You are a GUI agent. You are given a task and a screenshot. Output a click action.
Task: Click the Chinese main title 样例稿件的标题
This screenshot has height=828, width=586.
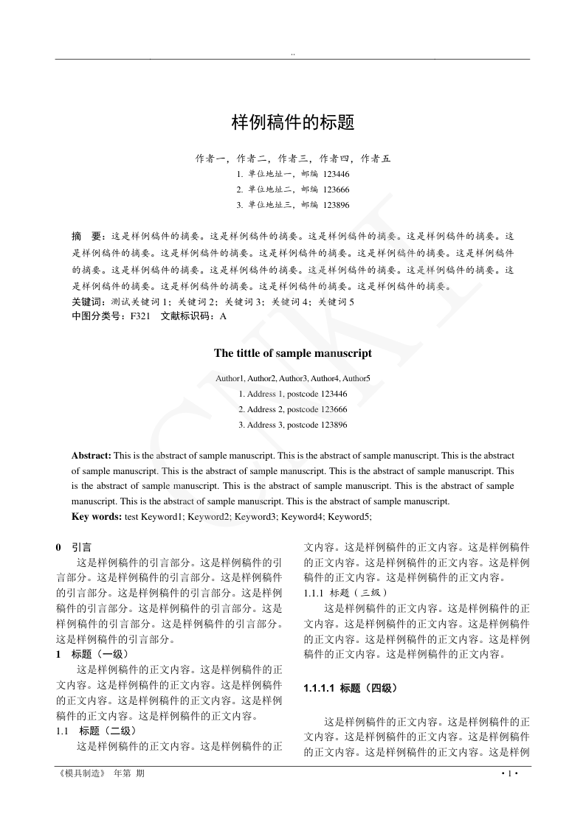(x=293, y=122)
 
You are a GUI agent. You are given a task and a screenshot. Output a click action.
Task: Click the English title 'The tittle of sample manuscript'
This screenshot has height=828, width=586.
(x=293, y=353)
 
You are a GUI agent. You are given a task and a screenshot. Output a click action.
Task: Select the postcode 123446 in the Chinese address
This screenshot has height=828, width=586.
(x=337, y=175)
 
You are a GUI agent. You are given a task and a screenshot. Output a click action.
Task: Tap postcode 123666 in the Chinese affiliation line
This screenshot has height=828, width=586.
(x=337, y=189)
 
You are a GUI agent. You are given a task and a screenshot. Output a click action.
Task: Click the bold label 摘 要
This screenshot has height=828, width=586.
(x=87, y=237)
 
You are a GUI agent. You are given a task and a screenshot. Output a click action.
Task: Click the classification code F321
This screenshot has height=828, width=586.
(x=141, y=316)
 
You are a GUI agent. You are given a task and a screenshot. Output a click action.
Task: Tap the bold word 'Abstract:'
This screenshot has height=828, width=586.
(x=92, y=456)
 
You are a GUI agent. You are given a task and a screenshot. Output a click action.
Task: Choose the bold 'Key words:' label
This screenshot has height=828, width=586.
(x=97, y=517)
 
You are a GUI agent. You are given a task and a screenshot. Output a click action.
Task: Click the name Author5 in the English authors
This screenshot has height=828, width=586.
(x=356, y=378)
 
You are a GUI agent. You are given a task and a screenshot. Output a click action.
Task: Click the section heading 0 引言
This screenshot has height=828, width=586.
(x=75, y=548)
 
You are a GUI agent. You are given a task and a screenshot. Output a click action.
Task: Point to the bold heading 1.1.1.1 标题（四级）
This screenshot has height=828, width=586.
(x=351, y=688)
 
